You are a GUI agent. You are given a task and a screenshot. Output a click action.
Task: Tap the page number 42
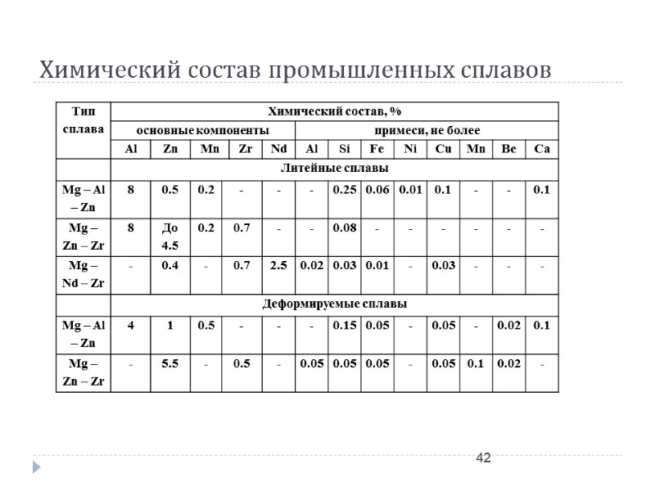(x=484, y=457)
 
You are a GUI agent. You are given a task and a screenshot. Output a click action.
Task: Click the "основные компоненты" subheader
(x=201, y=130)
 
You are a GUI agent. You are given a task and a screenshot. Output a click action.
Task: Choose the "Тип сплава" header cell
(x=83, y=120)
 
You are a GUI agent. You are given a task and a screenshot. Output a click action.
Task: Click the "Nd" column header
(x=278, y=149)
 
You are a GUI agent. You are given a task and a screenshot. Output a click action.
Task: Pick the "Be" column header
(x=508, y=149)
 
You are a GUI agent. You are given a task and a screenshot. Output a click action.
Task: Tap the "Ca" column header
(x=541, y=149)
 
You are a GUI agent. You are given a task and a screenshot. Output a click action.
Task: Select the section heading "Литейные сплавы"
(x=334, y=168)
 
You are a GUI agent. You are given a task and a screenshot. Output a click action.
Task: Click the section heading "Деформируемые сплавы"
(x=334, y=304)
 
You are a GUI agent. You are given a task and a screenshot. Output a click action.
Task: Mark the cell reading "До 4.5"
(x=170, y=235)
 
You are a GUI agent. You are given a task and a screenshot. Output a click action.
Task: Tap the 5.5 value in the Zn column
(x=170, y=363)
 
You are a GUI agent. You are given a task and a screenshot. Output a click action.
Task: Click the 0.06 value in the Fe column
(x=377, y=190)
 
